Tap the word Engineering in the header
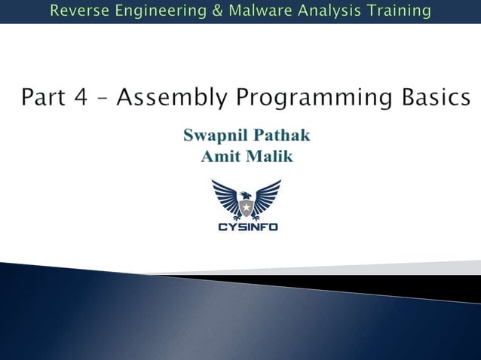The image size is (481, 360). point(151,11)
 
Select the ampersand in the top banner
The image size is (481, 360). point(200,11)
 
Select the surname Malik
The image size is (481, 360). point(269,157)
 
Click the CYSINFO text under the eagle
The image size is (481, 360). point(246,226)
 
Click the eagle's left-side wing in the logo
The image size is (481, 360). point(225,196)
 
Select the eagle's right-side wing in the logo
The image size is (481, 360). point(267,196)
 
